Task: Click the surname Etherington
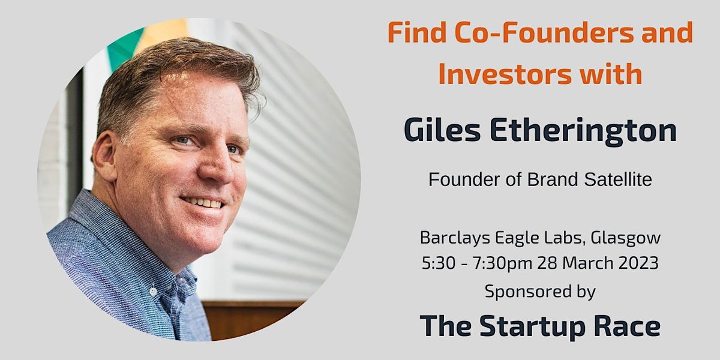pos(583,131)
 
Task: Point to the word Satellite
pos(618,179)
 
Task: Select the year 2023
pos(638,263)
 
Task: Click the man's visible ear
pos(104,157)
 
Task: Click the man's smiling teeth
pos(203,203)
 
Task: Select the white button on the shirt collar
pos(154,291)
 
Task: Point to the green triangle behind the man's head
pos(124,49)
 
